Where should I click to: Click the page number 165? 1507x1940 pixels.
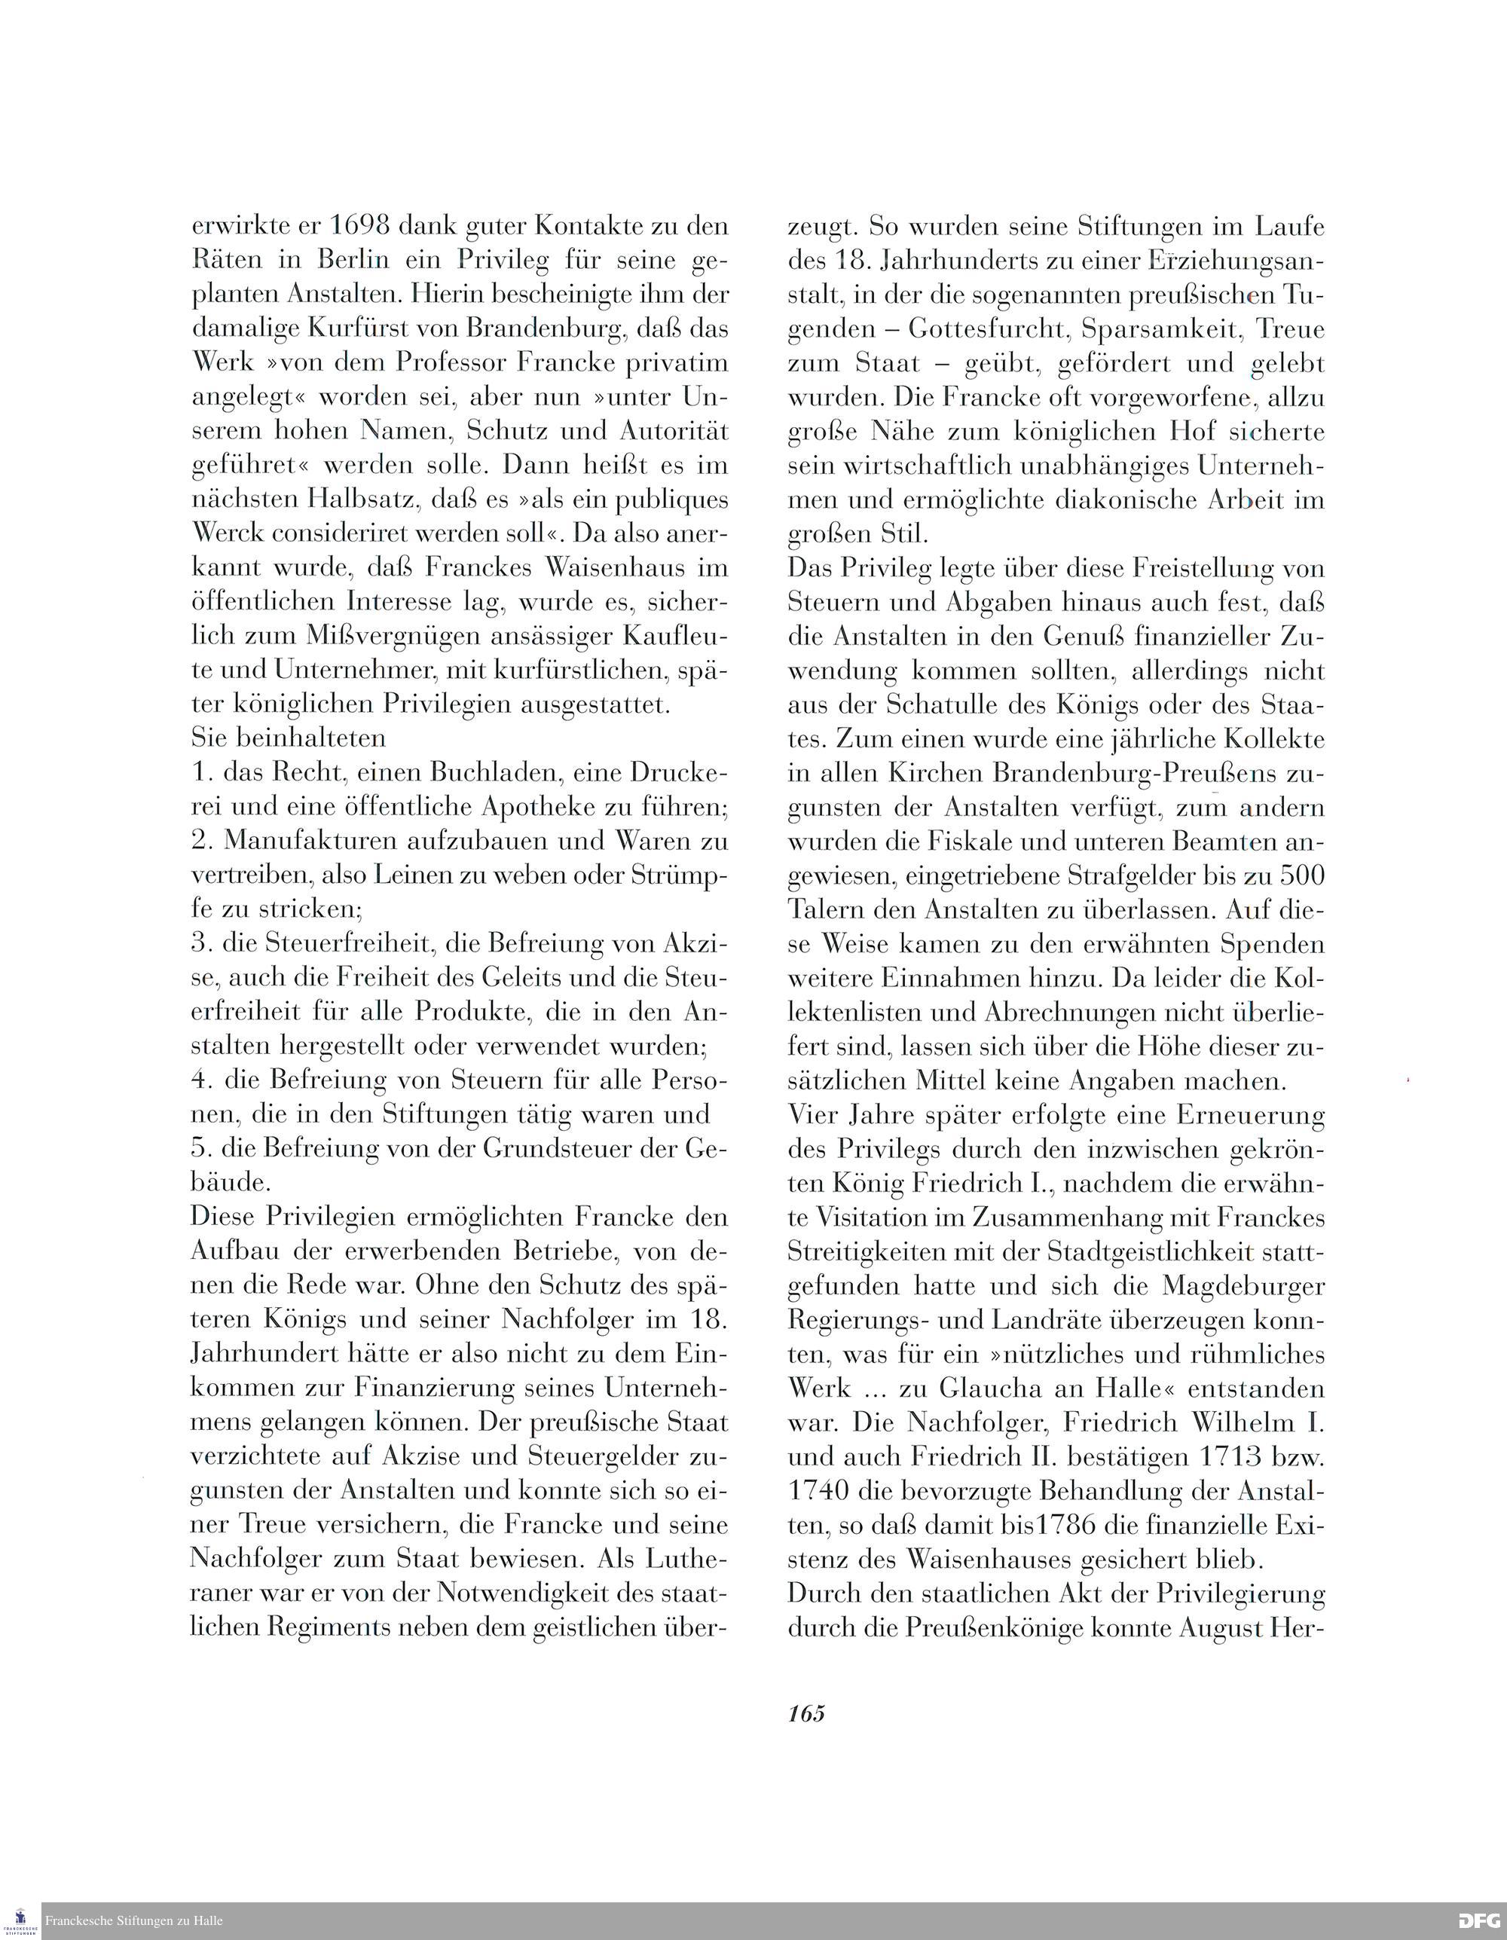(806, 1712)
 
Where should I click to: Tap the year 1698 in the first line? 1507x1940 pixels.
(360, 225)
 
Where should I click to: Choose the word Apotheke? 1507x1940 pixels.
(541, 808)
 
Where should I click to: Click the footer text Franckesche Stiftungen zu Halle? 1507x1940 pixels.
(133, 1920)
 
